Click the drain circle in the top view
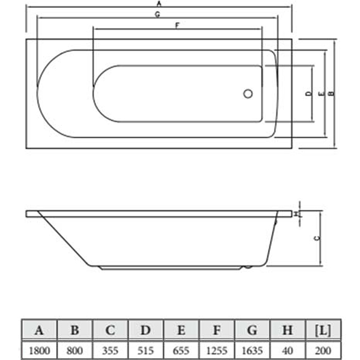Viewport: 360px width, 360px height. pos(248,94)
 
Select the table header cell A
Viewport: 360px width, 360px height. pos(39,330)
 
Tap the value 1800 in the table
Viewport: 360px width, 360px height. pos(39,351)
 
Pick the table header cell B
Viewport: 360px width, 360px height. pos(75,330)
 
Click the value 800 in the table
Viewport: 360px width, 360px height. pos(75,351)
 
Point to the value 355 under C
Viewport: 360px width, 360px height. pos(110,351)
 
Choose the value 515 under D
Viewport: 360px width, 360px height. pos(146,351)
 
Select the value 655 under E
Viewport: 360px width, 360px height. pos(181,351)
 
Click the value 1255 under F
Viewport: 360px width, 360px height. pos(217,351)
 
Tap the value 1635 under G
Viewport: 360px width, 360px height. pos(252,351)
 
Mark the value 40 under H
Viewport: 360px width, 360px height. pos(288,351)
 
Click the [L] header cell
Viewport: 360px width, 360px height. pos(323,330)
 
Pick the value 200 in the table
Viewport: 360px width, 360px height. pos(323,351)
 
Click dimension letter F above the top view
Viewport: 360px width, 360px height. pos(177,25)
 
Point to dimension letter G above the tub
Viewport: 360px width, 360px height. pos(157,14)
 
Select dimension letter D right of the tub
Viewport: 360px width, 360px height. pos(309,94)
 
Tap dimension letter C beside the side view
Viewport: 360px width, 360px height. pos(317,238)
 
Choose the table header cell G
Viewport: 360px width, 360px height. pos(252,330)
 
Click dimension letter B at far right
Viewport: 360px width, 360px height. pos(331,94)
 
